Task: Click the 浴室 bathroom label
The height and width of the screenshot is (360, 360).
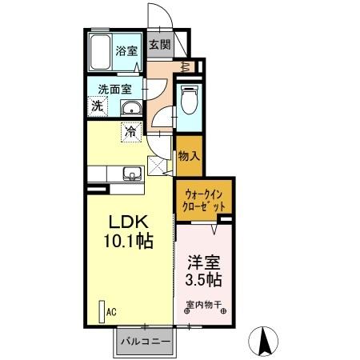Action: [127, 49]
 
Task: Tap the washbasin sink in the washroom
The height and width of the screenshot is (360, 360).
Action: [131, 108]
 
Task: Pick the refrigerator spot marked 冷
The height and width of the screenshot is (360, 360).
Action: [128, 130]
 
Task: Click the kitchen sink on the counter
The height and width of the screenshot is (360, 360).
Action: [130, 174]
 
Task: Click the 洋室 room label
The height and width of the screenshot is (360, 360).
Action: [205, 262]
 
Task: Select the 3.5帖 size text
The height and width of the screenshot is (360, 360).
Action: [205, 280]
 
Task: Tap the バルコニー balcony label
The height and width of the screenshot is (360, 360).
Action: [145, 342]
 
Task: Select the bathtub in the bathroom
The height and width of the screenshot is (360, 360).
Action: [100, 52]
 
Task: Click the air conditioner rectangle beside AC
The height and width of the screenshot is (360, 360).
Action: [101, 311]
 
